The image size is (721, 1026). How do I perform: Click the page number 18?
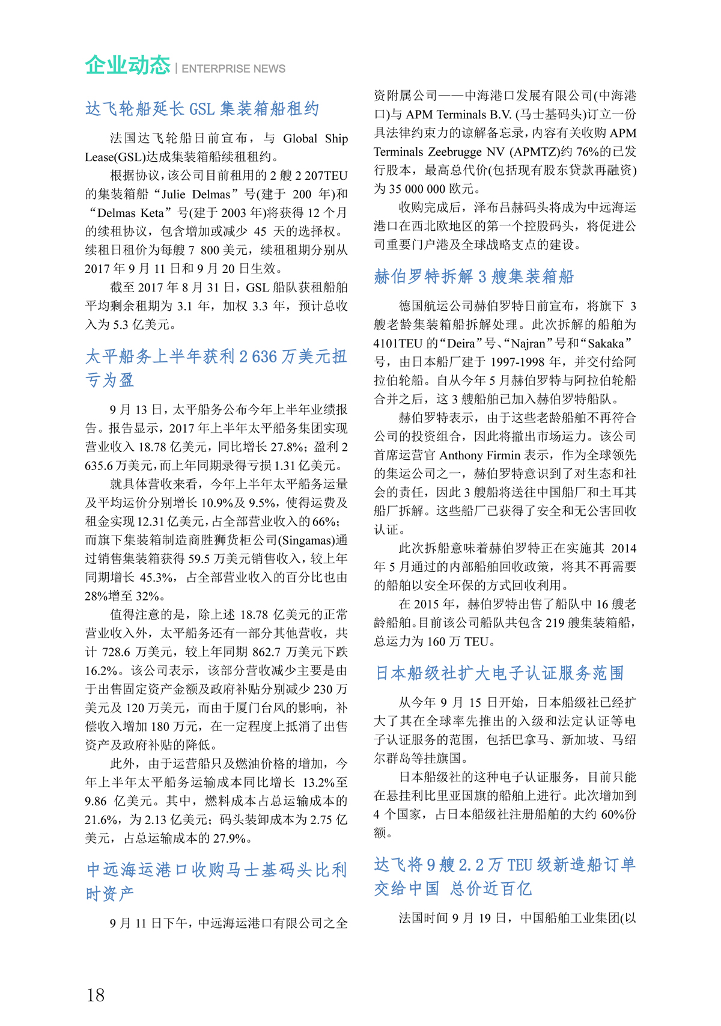click(x=96, y=995)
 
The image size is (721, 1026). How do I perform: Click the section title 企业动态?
click(x=127, y=66)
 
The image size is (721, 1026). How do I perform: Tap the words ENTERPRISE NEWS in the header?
click(x=233, y=69)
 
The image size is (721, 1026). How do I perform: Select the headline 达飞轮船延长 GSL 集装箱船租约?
click(x=202, y=109)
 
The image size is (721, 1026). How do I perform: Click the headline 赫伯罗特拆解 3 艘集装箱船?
click(x=474, y=276)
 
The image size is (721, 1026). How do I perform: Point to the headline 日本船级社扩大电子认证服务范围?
click(x=500, y=673)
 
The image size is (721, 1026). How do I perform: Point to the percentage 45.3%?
click(x=157, y=577)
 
